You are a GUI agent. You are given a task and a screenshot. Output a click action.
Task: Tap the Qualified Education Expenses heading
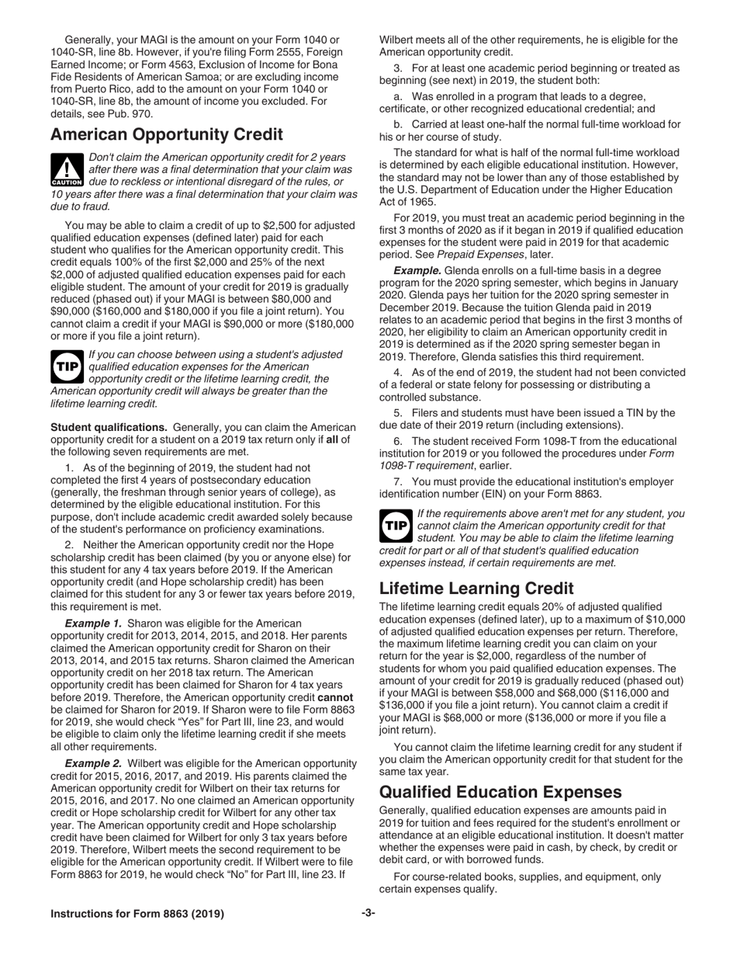tap(500, 791)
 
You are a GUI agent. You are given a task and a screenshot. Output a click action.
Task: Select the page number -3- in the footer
tap(368, 913)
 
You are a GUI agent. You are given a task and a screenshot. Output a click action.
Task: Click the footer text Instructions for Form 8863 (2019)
tap(137, 914)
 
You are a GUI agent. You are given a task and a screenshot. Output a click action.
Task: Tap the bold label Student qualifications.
tap(109, 427)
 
